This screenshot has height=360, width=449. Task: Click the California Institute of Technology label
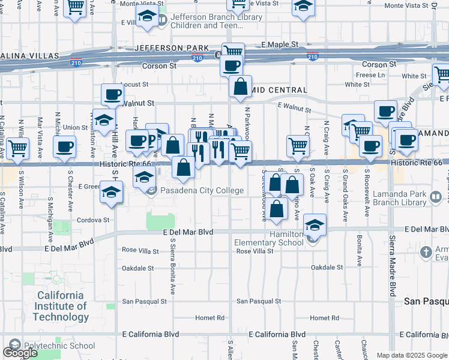coord(61,306)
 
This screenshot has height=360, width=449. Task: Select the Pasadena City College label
coord(203,191)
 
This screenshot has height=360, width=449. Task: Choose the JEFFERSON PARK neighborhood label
coord(172,48)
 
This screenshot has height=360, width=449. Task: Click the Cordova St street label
coord(93,220)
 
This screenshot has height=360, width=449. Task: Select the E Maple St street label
coord(280,45)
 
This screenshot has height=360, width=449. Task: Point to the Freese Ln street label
coord(370,75)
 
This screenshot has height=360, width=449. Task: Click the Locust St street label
coord(134,85)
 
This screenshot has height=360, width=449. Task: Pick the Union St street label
coord(76,127)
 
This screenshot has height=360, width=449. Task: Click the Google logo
coord(20,353)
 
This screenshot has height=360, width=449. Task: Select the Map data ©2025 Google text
coord(412,355)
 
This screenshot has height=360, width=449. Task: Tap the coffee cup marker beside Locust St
coord(112,94)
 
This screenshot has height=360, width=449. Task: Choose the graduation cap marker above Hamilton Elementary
coord(315,225)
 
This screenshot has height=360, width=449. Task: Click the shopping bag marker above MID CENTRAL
coord(240,86)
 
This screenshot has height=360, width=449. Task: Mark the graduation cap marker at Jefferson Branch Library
coord(146,17)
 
